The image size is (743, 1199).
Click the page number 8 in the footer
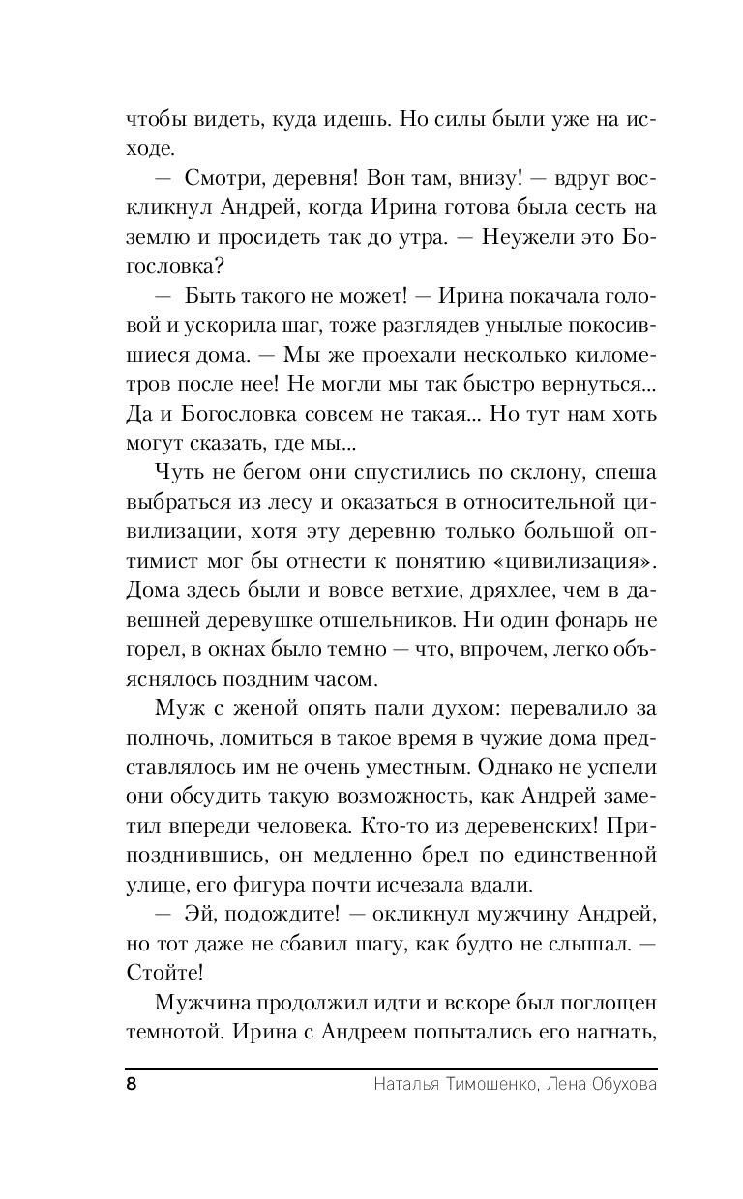[x=132, y=1083]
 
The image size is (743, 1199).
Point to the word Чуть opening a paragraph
[x=177, y=473]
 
